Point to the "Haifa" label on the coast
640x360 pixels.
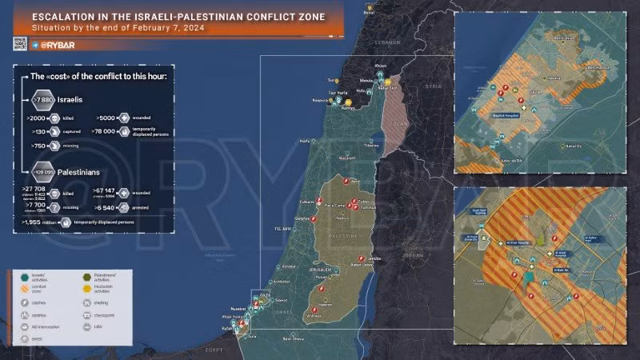tap(304, 141)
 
